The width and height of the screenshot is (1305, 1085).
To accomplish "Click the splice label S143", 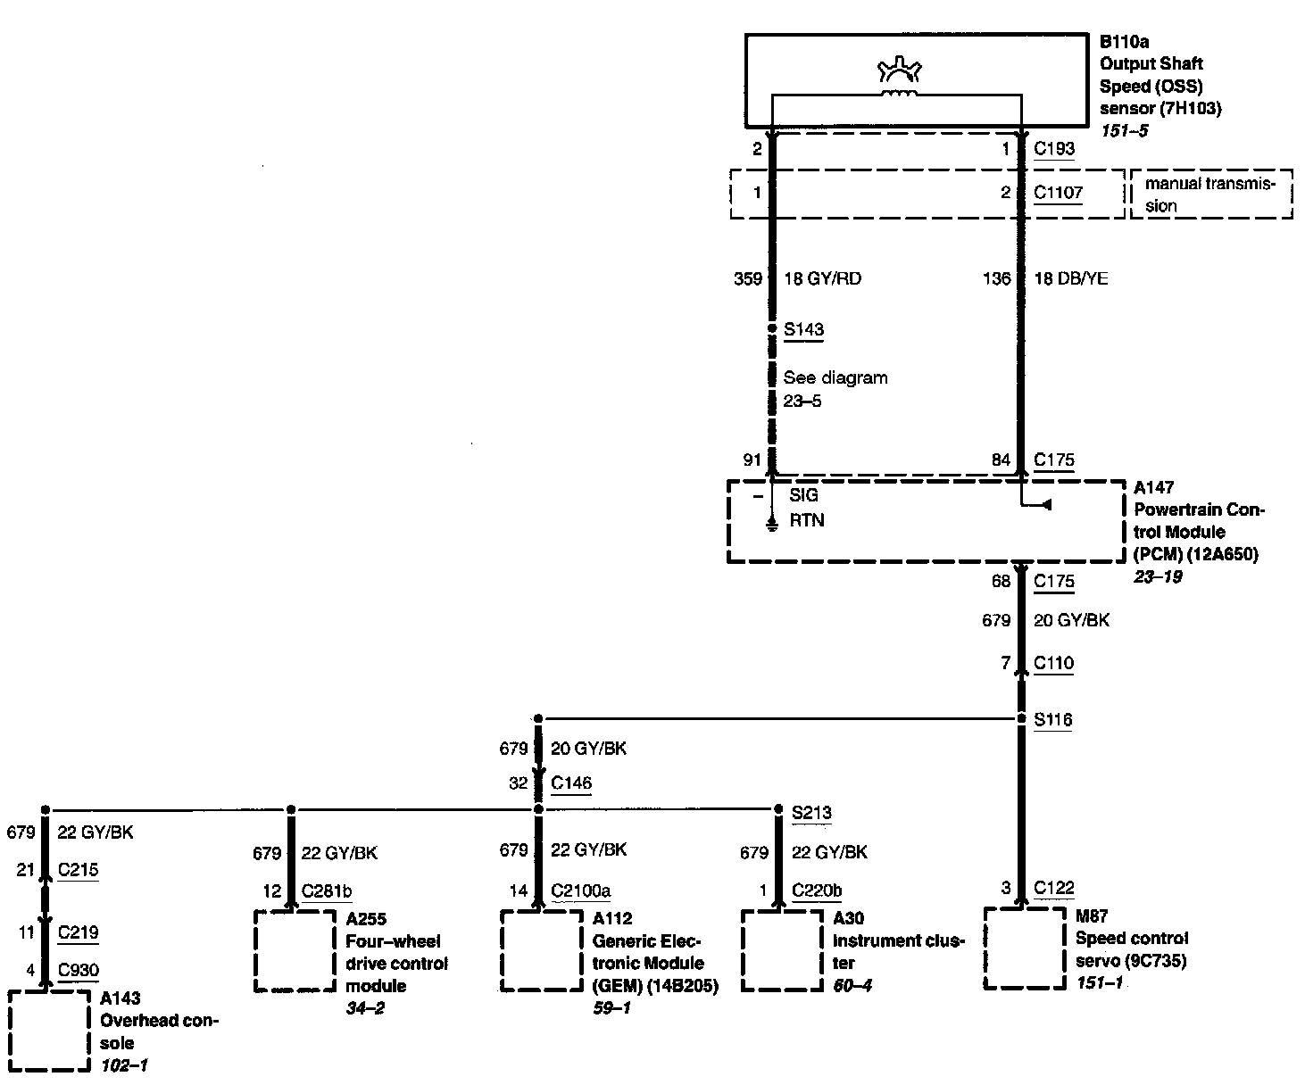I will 803,329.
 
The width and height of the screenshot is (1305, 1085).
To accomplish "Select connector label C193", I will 1053,149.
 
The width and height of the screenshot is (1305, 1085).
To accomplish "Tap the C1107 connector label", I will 1058,193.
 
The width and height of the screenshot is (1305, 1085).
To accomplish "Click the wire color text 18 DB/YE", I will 1070,278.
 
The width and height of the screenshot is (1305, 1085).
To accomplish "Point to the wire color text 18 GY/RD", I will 822,278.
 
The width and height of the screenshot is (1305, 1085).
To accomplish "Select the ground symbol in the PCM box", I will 772,525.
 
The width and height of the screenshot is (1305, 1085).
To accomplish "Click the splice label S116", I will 1052,720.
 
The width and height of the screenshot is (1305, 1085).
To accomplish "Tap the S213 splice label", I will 811,812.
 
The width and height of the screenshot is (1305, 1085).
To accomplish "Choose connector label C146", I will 571,783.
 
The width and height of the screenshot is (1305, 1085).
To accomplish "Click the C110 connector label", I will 1053,663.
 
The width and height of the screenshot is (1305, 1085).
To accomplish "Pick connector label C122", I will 1053,888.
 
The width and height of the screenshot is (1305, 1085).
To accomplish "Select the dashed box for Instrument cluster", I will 781,950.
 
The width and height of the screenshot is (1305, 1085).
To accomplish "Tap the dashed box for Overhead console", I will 49,1030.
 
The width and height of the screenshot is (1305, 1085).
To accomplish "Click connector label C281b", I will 327,890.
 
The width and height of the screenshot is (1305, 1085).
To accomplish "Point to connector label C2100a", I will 580,890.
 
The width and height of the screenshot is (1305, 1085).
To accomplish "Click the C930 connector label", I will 79,971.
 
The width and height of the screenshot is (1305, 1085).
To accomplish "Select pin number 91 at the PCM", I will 752,460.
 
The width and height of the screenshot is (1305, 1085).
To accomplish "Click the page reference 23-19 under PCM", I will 1158,576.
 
